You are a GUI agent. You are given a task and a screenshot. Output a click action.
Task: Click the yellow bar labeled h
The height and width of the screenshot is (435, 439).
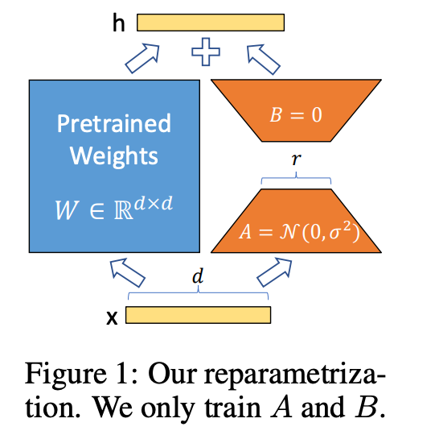(211, 23)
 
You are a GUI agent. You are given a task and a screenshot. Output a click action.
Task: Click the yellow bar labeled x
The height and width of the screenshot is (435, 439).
(199, 315)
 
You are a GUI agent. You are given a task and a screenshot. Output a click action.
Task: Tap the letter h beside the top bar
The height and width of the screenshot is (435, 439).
(118, 23)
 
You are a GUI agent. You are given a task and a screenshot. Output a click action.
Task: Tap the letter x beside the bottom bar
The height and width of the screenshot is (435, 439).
(112, 317)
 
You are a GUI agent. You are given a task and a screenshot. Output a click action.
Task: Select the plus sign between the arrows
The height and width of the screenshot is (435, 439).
(206, 52)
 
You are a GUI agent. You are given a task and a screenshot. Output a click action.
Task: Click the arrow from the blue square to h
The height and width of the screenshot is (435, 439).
(142, 58)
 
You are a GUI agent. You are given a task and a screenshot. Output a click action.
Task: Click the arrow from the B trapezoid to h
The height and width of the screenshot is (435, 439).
(264, 60)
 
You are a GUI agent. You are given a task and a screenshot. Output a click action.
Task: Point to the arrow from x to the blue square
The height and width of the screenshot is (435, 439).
(127, 273)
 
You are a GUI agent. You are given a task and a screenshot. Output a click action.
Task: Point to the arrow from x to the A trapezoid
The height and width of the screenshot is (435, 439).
(274, 272)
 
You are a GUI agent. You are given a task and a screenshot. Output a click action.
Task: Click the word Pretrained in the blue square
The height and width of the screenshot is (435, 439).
(114, 123)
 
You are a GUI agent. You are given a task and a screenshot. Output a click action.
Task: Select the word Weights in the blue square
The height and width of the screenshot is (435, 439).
(114, 156)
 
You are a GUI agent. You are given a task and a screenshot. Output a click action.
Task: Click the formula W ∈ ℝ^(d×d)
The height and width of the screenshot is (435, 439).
(114, 208)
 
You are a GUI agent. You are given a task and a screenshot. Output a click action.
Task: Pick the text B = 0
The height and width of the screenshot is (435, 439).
(296, 114)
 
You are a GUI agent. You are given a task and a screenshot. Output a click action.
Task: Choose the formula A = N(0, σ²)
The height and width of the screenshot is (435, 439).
(299, 232)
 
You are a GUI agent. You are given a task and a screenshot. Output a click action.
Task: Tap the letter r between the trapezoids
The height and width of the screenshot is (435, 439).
(296, 159)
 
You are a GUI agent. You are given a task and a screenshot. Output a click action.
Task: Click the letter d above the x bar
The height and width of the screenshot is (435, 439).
(198, 275)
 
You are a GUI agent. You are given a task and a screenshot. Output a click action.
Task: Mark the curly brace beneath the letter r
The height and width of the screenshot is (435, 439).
(296, 177)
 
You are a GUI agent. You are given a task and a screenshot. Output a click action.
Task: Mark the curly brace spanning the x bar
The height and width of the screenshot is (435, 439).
(199, 292)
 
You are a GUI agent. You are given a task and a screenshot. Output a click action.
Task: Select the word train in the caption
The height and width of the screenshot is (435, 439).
(233, 408)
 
